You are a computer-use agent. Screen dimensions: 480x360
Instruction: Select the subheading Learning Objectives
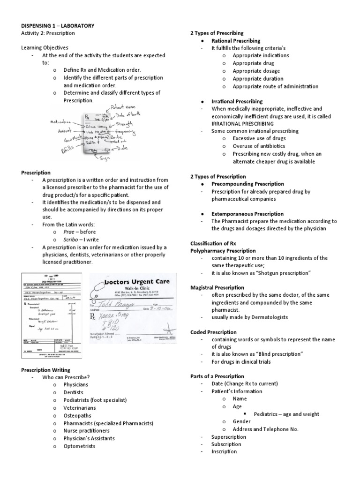45,48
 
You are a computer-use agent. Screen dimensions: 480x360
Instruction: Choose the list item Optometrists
79,446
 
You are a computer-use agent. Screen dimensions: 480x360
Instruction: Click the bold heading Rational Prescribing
236,41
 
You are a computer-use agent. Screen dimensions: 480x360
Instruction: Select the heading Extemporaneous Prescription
247,214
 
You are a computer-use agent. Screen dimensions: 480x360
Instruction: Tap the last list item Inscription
224,451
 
